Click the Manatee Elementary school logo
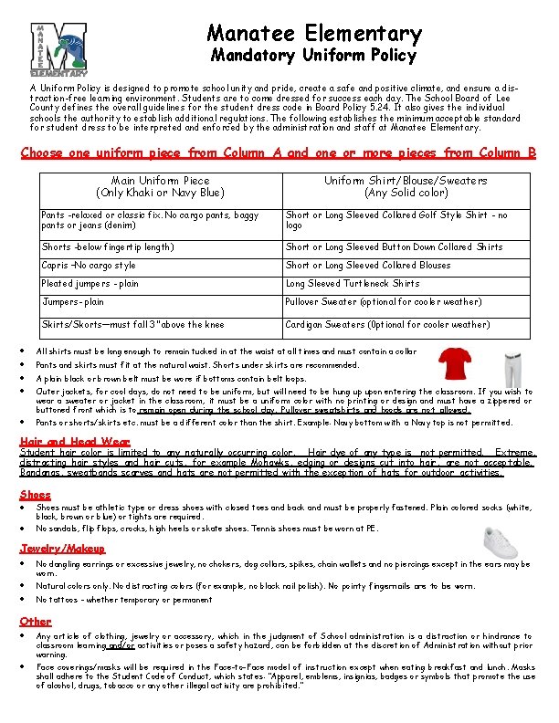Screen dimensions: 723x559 pyautogui.click(x=58, y=49)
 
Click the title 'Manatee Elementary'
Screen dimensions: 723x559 pyautogui.click(x=314, y=34)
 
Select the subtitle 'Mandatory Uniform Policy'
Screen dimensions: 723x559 pyautogui.click(x=314, y=57)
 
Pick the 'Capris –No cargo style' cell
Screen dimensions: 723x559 pyautogui.click(x=89, y=266)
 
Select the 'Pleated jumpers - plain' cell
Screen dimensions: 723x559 pyautogui.click(x=90, y=284)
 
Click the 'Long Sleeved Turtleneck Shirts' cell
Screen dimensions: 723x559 pyautogui.click(x=353, y=284)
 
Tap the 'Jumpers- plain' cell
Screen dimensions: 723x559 pyautogui.click(x=73, y=302)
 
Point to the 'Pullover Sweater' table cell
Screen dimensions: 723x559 pyautogui.click(x=383, y=302)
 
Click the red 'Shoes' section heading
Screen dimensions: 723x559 pyautogui.click(x=36, y=495)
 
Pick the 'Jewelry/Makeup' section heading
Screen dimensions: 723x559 pyautogui.click(x=62, y=549)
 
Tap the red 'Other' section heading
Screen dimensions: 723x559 pyautogui.click(x=36, y=621)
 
